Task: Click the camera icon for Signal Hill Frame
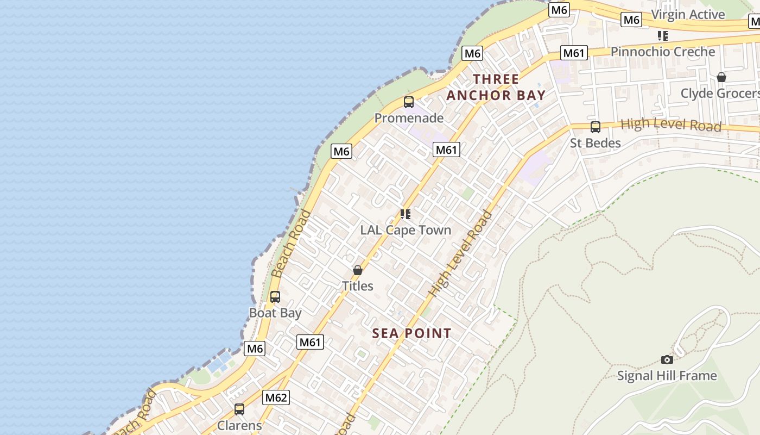pyautogui.click(x=667, y=359)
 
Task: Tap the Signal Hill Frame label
pyautogui.click(x=667, y=376)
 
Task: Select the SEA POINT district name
pyautogui.click(x=412, y=333)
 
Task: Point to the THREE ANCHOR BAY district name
pyautogui.click(x=496, y=87)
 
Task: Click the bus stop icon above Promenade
pyautogui.click(x=409, y=102)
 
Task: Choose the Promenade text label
pyautogui.click(x=409, y=118)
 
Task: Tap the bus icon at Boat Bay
pyautogui.click(x=275, y=297)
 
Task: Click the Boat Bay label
pyautogui.click(x=275, y=313)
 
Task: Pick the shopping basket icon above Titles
pyautogui.click(x=358, y=270)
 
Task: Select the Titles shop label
pyautogui.click(x=358, y=286)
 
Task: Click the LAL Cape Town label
pyautogui.click(x=406, y=230)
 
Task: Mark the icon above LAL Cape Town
pyautogui.click(x=406, y=214)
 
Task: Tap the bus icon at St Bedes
pyautogui.click(x=596, y=127)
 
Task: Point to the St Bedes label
pyautogui.click(x=596, y=143)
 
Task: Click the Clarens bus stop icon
pyautogui.click(x=239, y=409)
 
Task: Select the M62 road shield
pyautogui.click(x=276, y=397)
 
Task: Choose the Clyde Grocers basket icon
pyautogui.click(x=721, y=78)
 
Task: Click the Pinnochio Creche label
pyautogui.click(x=663, y=52)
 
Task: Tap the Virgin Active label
pyautogui.click(x=688, y=15)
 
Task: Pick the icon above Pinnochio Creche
pyautogui.click(x=663, y=36)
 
